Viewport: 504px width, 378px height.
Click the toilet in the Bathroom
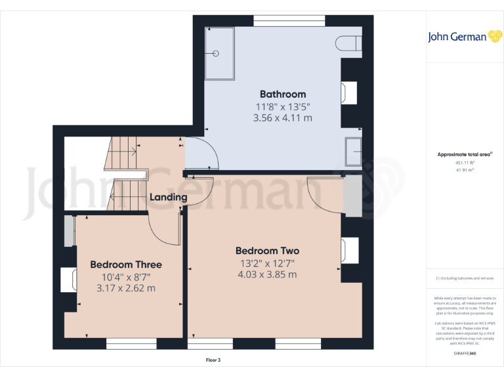(x=349, y=43)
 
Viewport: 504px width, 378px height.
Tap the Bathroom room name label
(x=283, y=94)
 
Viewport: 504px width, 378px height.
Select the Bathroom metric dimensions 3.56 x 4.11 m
(x=283, y=118)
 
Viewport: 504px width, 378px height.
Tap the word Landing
(x=169, y=197)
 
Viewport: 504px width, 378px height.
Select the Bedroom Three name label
(x=126, y=264)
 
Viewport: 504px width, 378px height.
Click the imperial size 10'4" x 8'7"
(x=126, y=276)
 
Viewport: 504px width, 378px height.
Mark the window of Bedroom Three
(x=131, y=343)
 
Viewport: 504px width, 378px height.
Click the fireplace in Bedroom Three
(x=69, y=280)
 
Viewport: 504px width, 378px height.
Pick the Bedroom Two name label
(x=267, y=251)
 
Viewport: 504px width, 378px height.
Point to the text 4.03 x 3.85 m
(x=267, y=274)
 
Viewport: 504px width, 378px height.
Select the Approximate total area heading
(x=465, y=154)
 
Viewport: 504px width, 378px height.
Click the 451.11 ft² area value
(x=465, y=163)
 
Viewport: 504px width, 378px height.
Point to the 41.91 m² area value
(x=465, y=170)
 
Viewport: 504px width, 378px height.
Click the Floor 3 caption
(x=213, y=360)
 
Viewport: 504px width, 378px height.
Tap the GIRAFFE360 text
(x=465, y=354)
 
